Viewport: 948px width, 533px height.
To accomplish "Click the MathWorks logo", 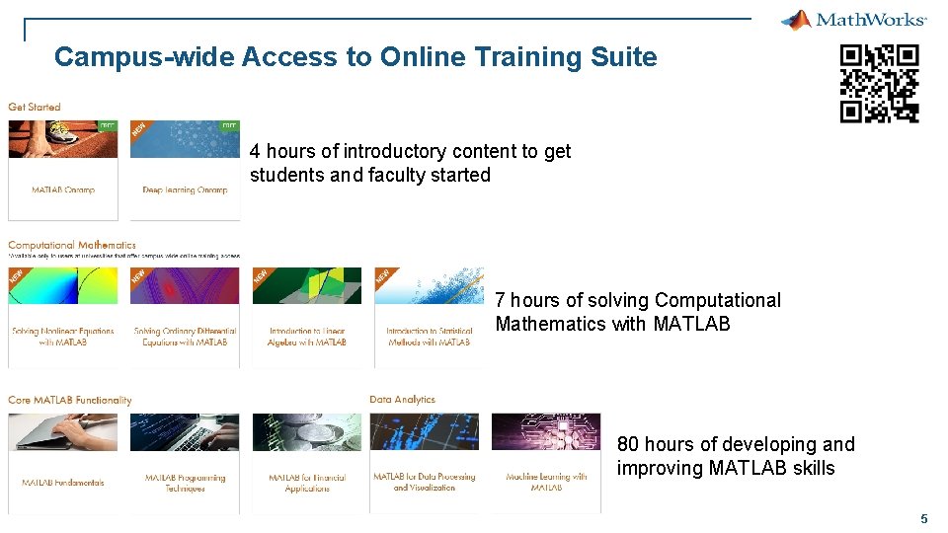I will [x=853, y=20].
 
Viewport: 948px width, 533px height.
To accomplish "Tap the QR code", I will [x=879, y=84].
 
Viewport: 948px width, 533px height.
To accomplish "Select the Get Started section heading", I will [x=35, y=107].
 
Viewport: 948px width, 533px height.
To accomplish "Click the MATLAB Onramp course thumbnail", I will [x=63, y=139].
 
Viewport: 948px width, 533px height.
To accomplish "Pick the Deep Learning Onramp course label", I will [x=185, y=190].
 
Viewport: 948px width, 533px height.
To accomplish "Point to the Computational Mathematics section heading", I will [x=72, y=245].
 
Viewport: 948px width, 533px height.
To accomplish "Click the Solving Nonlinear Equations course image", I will [x=63, y=285].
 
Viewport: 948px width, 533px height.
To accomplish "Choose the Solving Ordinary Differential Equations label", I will [x=185, y=337].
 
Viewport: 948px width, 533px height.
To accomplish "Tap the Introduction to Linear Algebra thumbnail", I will [x=307, y=285].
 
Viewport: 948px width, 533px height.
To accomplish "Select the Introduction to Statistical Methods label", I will [x=429, y=337].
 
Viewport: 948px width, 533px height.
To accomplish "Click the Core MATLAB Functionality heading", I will [x=70, y=400].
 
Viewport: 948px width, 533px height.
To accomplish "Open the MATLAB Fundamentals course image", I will [x=63, y=432].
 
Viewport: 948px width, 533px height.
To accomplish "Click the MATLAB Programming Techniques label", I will [x=185, y=483].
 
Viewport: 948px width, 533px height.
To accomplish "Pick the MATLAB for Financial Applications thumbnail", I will [x=307, y=432].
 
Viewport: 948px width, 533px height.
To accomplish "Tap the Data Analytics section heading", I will [x=402, y=400].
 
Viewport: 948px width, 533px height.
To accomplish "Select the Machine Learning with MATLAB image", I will [x=546, y=432].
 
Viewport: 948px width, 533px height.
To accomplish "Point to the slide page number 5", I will [x=923, y=518].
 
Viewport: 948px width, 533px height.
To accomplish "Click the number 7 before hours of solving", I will [x=500, y=300].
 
